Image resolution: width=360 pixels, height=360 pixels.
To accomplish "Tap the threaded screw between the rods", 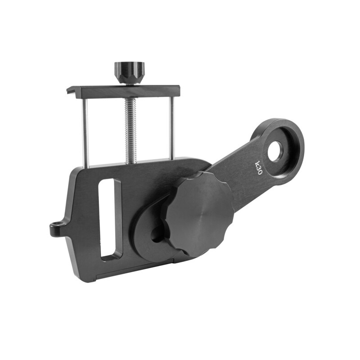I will pyautogui.click(x=130, y=130).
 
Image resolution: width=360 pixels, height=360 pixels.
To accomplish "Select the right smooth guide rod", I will pyautogui.click(x=171, y=128).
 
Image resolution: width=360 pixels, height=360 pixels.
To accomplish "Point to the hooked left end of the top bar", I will pyautogui.click(x=70, y=91).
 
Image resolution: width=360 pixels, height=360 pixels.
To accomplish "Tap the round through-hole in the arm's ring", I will pyautogui.click(x=275, y=152).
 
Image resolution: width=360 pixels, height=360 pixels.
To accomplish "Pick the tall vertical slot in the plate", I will pyautogui.click(x=110, y=218).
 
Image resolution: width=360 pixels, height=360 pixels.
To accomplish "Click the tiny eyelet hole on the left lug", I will pyautogui.click(x=56, y=227).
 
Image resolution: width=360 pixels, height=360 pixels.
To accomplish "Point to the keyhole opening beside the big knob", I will pyautogui.click(x=158, y=232).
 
